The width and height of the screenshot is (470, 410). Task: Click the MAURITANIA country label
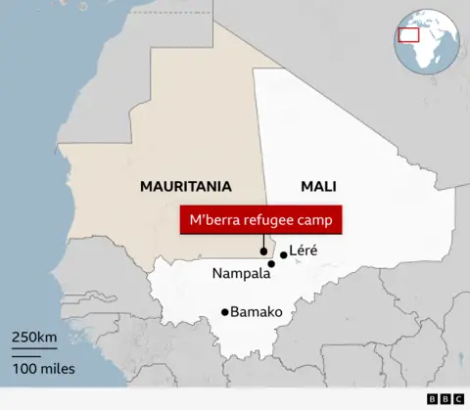[185, 186]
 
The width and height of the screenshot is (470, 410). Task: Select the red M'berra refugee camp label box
[261, 221]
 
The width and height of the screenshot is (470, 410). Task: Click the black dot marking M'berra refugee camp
[263, 252]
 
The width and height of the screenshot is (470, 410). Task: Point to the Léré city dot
[284, 255]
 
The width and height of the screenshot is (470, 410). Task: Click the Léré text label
[305, 251]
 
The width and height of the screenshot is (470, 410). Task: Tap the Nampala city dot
[271, 264]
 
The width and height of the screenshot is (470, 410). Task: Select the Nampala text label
[241, 274]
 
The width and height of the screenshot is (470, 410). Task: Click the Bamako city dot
[225, 312]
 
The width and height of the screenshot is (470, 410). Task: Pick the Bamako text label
[257, 312]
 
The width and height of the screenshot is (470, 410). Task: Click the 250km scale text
[34, 338]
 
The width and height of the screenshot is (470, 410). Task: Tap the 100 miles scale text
[43, 369]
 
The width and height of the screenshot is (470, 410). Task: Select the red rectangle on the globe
[408, 35]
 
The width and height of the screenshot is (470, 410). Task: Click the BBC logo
[445, 399]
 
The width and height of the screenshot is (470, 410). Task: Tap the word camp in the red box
[317, 221]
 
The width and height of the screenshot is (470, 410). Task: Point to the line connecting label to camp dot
[263, 242]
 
